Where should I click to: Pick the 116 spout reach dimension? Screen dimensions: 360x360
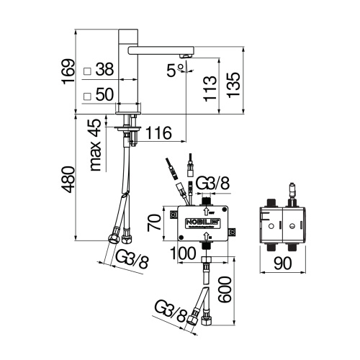(x=158, y=132)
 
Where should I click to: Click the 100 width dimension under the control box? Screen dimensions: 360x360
(x=184, y=254)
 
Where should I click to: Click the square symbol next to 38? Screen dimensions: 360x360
(x=87, y=71)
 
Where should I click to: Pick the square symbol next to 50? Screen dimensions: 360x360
(x=87, y=95)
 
